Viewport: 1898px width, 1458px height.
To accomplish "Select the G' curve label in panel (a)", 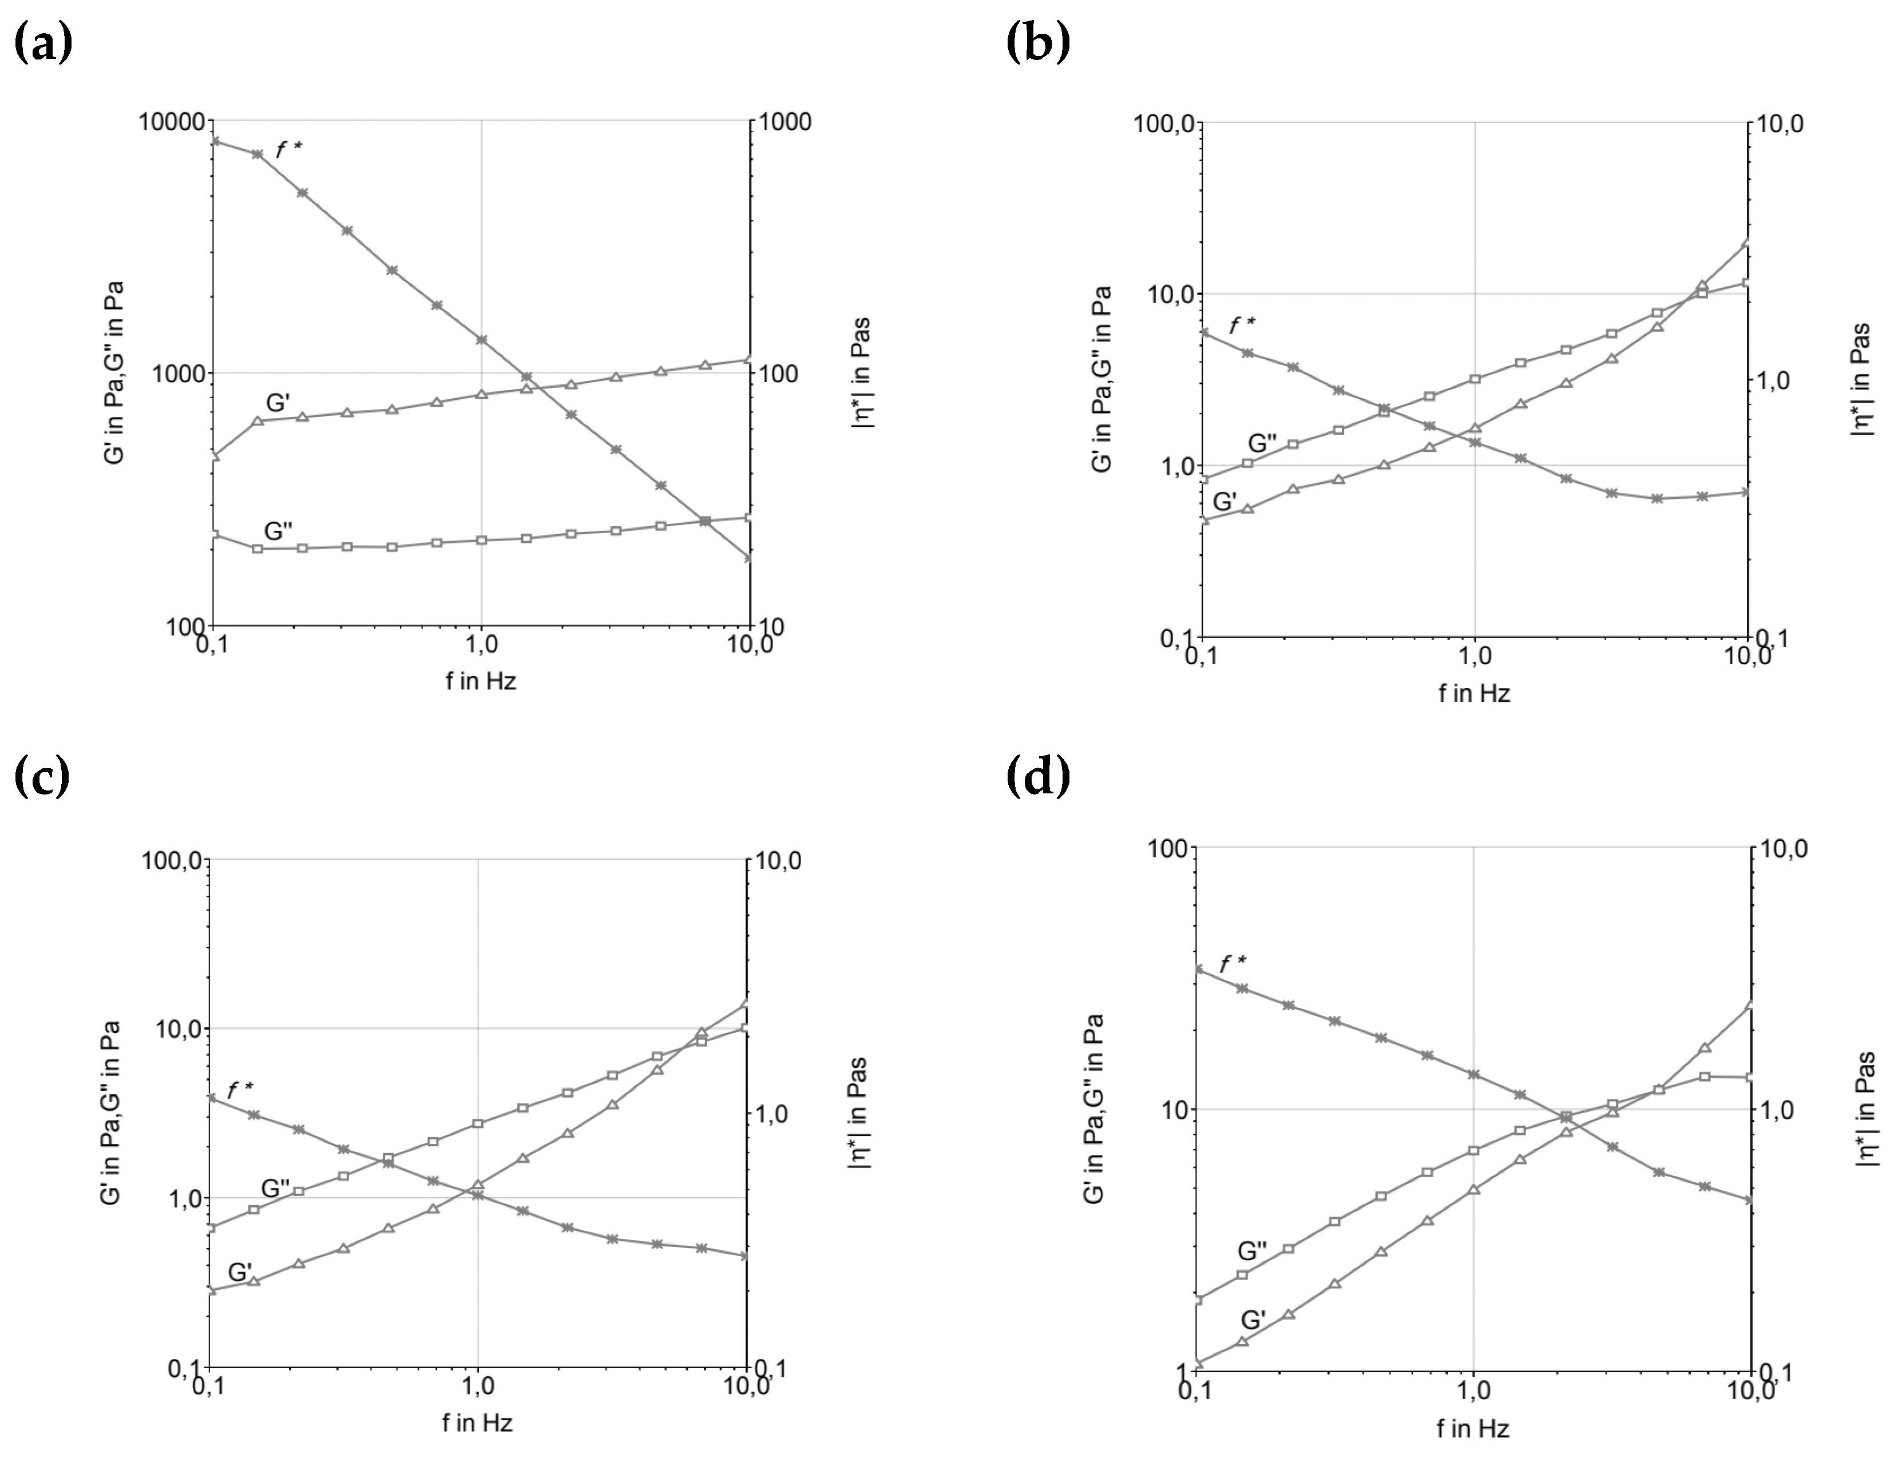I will click(x=278, y=403).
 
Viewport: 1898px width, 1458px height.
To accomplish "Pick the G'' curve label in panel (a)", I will click(x=278, y=530).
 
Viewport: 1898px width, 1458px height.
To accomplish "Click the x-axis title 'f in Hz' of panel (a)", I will click(x=481, y=681).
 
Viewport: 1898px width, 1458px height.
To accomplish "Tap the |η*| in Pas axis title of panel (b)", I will click(x=1861, y=379).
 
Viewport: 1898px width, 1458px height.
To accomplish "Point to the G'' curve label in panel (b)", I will click(x=1262, y=443).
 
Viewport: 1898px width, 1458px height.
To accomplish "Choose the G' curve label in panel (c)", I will click(x=240, y=1272).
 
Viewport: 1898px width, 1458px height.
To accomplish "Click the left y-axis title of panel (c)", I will click(x=111, y=1113).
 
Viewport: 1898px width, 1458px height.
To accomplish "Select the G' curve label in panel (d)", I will click(x=1254, y=1320).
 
